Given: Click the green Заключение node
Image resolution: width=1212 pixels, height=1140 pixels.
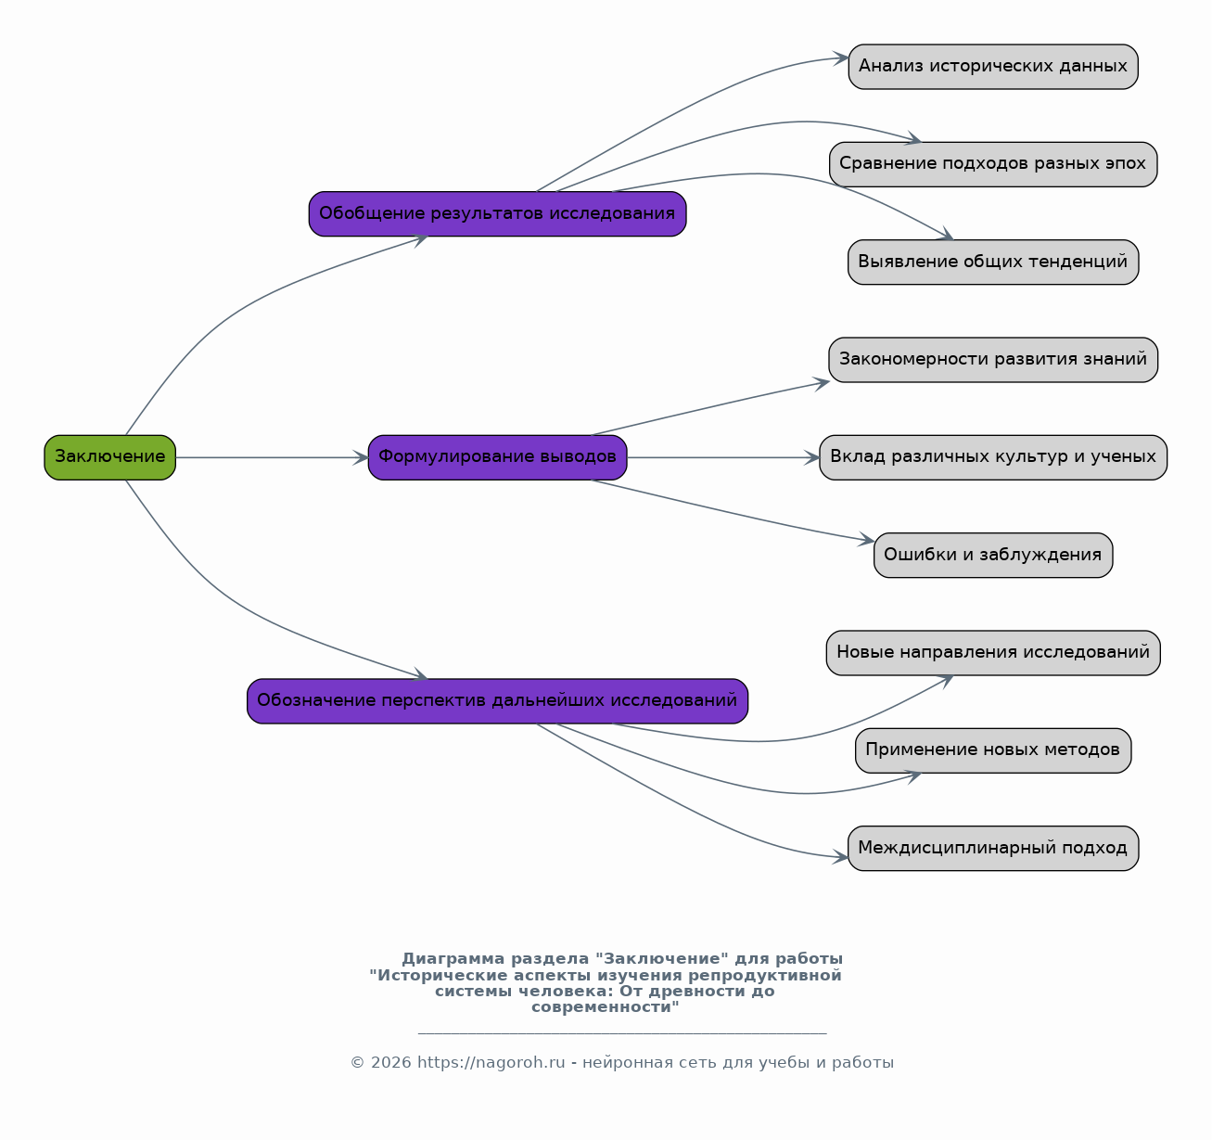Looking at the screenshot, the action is [x=109, y=457].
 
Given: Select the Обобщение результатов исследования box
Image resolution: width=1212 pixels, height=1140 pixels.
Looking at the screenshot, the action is [x=497, y=213].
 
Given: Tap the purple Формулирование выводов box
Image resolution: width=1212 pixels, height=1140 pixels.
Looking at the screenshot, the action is [x=497, y=457].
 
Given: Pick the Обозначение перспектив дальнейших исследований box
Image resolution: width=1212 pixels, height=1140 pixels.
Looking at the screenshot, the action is [x=497, y=701].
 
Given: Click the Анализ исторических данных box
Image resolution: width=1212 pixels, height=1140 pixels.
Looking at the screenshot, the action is [x=993, y=67].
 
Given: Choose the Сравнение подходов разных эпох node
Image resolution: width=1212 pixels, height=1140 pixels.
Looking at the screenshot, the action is [x=993, y=164].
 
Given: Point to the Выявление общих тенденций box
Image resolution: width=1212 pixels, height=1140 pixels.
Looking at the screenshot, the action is [x=993, y=262].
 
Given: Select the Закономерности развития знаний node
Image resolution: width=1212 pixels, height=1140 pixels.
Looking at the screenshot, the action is [x=993, y=360].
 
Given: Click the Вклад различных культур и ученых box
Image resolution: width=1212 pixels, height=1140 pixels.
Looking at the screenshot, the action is [x=993, y=457].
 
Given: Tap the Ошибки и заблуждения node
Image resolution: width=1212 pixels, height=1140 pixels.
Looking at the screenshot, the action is [x=993, y=555].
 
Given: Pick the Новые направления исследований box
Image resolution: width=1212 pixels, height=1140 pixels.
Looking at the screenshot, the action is [x=993, y=653].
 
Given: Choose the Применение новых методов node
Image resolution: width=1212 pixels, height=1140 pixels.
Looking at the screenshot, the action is [x=993, y=750].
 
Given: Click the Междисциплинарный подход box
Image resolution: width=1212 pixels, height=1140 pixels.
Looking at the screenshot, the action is [x=993, y=848].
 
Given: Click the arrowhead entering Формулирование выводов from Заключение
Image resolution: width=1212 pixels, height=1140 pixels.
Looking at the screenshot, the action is [x=361, y=457].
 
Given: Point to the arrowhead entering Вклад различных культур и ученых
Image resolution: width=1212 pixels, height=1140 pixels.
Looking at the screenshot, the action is [x=811, y=457].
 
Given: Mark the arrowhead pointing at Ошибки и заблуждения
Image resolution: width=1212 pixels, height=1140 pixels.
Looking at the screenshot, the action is [x=867, y=539].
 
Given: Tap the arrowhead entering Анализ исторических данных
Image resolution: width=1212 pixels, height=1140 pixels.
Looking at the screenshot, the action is [x=841, y=58].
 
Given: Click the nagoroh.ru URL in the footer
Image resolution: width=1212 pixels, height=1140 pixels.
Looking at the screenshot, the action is [x=491, y=1062].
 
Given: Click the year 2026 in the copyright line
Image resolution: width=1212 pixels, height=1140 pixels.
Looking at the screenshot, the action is [x=390, y=1062].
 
